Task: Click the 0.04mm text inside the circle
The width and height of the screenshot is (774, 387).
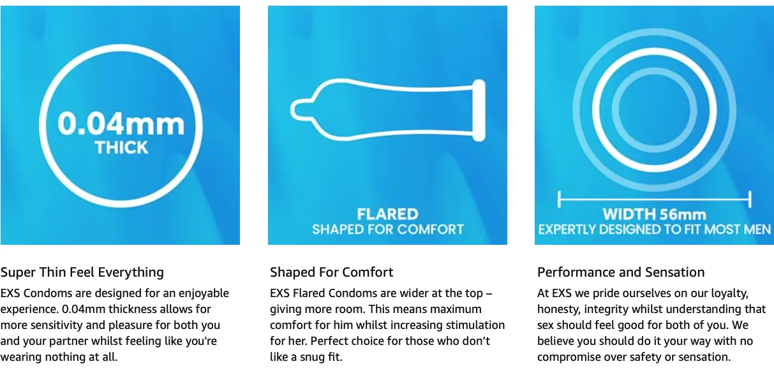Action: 121,124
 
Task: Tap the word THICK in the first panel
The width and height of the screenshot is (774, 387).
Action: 121,148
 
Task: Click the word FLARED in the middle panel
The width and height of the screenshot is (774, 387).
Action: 387,214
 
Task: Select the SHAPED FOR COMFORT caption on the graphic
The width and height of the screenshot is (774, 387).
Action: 388,230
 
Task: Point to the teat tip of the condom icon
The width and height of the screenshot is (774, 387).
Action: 292,110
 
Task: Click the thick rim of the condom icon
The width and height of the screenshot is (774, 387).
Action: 479,110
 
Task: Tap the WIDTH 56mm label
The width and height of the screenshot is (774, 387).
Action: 654,214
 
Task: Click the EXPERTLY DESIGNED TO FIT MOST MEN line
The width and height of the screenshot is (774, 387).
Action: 654,230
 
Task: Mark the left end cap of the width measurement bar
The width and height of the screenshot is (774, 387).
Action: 559,200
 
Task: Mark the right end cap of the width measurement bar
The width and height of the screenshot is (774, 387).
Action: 750,200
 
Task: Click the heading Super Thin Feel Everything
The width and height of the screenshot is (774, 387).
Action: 82,272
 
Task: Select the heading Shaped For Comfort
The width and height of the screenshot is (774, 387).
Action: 331,272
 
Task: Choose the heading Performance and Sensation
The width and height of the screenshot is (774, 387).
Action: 621,272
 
